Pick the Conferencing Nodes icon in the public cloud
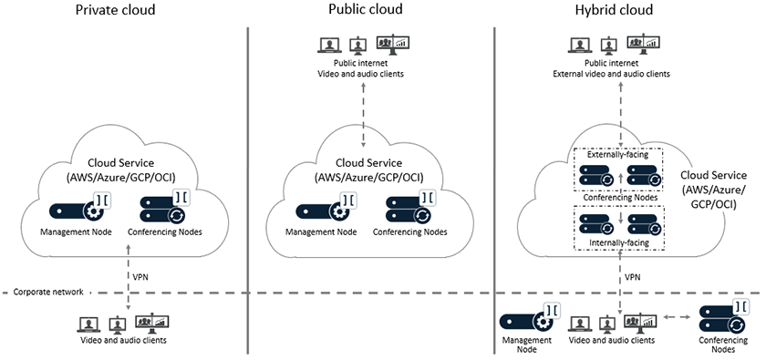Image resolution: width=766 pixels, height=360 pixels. (x=403, y=208)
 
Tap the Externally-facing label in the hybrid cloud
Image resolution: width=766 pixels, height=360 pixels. (x=620, y=155)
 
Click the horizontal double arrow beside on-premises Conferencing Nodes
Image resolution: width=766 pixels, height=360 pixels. (x=676, y=319)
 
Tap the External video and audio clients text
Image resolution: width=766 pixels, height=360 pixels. (x=621, y=73)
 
